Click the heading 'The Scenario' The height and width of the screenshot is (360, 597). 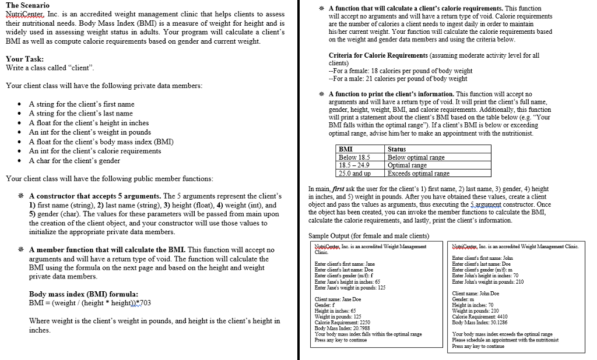[27, 5]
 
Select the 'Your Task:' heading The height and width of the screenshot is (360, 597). [24, 59]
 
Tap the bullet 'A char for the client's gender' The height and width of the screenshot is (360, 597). [75, 161]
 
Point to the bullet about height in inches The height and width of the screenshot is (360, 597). [89, 123]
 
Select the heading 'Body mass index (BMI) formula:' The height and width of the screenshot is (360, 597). [83, 294]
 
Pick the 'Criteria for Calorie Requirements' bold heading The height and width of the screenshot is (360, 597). [378, 55]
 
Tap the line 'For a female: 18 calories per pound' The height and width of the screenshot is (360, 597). [401, 71]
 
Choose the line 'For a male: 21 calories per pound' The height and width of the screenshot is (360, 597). [398, 79]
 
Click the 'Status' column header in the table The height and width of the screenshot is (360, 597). [397, 150]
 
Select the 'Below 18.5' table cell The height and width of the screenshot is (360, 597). [354, 158]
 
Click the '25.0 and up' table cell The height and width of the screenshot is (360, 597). [354, 174]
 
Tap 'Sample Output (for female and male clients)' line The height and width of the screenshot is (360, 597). [368, 236]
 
